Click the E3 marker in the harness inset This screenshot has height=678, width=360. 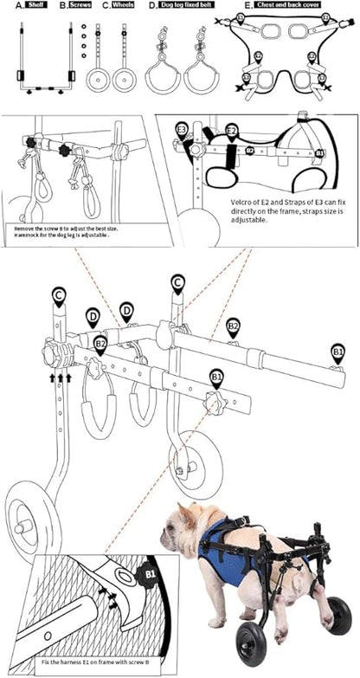(x=182, y=130)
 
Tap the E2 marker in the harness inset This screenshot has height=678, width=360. (x=231, y=131)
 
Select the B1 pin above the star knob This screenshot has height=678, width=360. (x=215, y=377)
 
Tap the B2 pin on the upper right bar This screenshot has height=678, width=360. (x=233, y=326)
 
